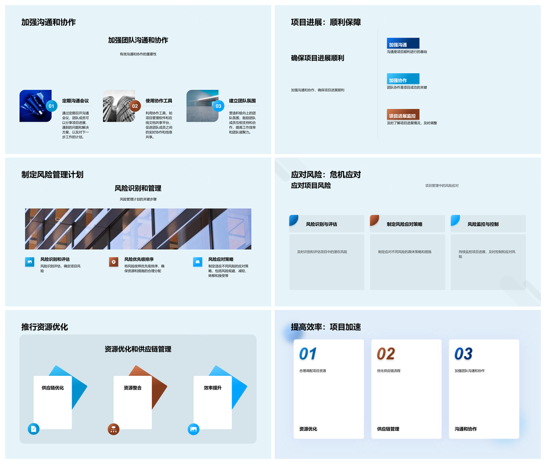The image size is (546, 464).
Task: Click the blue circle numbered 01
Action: click(51, 106)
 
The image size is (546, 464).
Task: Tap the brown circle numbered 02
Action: click(135, 106)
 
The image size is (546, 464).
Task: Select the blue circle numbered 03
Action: click(218, 106)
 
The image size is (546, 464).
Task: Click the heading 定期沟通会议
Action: click(76, 101)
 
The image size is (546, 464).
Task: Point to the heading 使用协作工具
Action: click(159, 101)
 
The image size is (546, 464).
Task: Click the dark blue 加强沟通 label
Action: click(403, 44)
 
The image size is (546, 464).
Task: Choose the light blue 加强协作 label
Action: click(403, 80)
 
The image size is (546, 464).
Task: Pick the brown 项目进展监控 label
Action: click(403, 115)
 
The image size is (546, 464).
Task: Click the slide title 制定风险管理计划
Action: click(52, 175)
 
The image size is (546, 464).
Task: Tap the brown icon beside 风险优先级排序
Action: click(114, 262)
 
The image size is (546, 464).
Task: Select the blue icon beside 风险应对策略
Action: click(197, 262)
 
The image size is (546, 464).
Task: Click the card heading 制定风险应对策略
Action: click(404, 224)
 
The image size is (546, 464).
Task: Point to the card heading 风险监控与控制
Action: click(483, 224)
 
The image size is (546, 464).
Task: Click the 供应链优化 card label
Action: click(53, 388)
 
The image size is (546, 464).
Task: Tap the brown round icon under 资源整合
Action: click(114, 429)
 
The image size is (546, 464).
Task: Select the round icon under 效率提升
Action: click(193, 429)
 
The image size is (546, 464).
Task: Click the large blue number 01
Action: click(308, 354)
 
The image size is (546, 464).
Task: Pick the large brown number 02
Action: click(386, 354)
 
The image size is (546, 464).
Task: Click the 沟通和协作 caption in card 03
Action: click(466, 429)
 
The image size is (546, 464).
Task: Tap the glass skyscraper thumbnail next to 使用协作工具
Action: click(118, 106)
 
